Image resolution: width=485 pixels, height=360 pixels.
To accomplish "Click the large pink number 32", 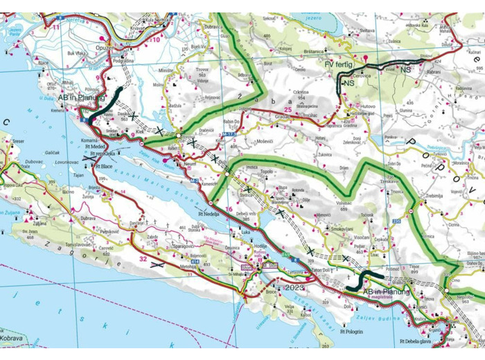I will click(143, 258).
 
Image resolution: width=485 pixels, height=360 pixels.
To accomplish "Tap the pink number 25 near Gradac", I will click(287, 109).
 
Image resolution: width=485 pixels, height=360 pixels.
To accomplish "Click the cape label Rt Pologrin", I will click(352, 332).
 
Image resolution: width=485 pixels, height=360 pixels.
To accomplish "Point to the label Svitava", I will click(367, 30).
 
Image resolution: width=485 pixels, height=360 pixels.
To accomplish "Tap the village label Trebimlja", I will click(434, 196).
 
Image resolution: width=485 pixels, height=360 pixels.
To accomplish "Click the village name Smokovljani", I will click(342, 228).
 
